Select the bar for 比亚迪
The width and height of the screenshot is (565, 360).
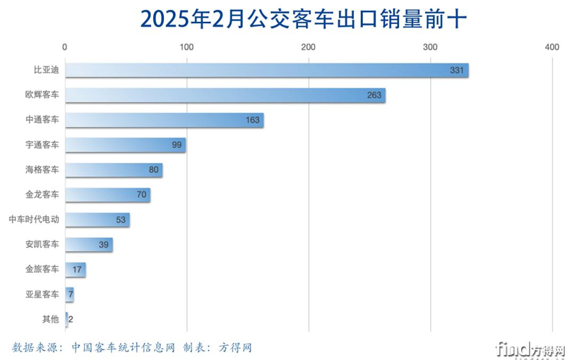266,71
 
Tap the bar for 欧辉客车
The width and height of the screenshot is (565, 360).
225,95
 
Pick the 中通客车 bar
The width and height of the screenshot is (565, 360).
164,120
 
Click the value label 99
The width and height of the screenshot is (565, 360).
177,145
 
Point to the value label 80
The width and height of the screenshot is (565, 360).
153,170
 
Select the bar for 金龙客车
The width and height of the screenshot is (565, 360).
107,195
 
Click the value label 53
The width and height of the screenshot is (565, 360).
120,220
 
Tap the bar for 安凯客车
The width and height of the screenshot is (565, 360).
89,245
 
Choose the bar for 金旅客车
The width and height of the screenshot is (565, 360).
75,270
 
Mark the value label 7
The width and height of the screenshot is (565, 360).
71,294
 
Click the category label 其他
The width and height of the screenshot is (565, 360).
50,319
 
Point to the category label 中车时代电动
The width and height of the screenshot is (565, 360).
33,220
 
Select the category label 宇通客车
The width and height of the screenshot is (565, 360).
42,145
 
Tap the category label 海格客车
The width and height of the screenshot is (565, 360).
42,169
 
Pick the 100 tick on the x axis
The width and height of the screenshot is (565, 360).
186,47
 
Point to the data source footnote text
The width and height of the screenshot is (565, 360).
131,347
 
